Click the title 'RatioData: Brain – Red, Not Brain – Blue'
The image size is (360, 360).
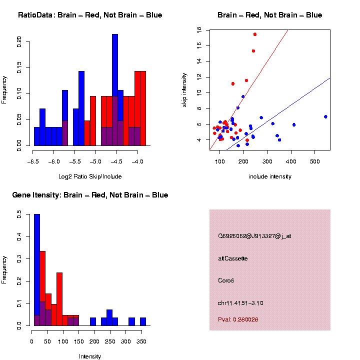point(90,15)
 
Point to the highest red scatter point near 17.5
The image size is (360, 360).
point(255,34)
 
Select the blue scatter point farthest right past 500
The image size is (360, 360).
point(325,116)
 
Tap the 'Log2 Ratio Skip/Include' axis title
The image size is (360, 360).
point(90,176)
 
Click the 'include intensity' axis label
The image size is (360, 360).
point(270,176)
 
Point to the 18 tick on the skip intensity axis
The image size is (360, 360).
point(198,30)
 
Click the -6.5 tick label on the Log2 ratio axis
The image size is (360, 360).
point(33,161)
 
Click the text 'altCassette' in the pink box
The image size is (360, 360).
point(233,258)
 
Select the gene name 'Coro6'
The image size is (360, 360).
point(226,280)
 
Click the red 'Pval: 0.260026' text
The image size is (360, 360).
point(238,319)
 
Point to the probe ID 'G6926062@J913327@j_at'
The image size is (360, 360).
point(254,236)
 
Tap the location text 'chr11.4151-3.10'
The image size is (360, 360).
point(240,303)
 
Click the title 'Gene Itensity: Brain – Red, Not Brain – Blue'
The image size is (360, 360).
point(90,195)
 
